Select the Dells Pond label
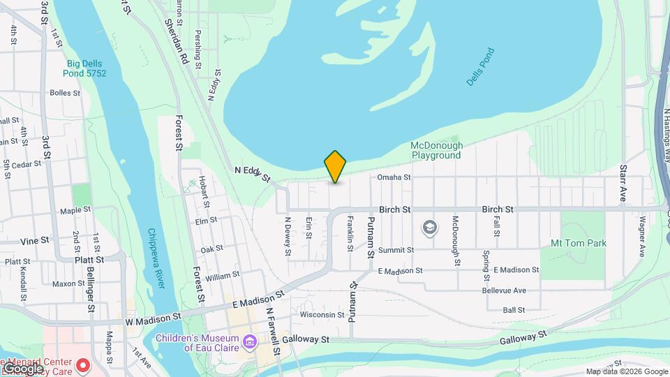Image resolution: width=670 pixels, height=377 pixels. click(x=480, y=67)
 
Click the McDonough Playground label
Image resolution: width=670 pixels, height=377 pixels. click(x=436, y=150)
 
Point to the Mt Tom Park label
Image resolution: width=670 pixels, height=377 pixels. click(x=579, y=243)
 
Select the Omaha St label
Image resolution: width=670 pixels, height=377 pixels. click(x=394, y=177)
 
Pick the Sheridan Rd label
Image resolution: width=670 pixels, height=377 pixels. click(x=177, y=42)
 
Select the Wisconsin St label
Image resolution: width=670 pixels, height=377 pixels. click(x=322, y=315)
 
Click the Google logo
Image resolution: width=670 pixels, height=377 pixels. click(x=23, y=368)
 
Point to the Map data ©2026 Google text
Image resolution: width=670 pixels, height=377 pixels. click(x=626, y=371)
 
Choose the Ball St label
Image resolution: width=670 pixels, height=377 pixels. click(x=514, y=310)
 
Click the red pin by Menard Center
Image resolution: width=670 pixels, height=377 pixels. click(x=83, y=365)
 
